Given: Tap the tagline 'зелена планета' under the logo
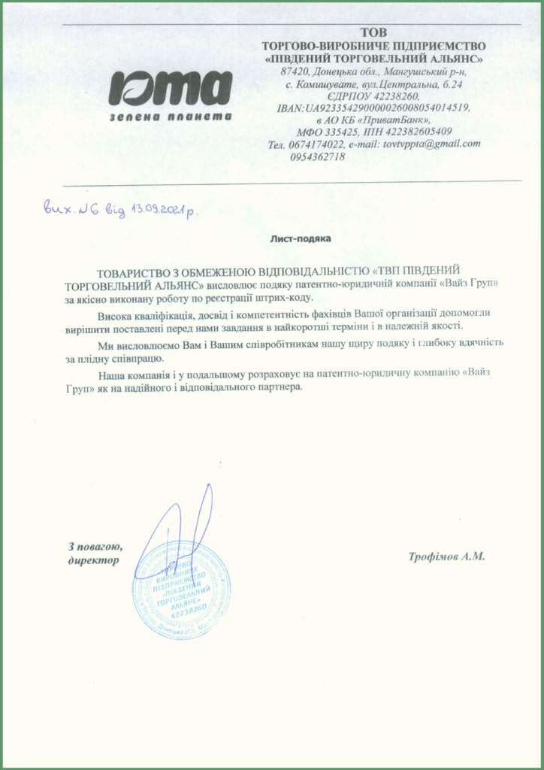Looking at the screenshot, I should click(170, 117).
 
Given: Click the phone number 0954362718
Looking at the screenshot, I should click(316, 156).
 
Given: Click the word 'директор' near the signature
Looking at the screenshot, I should click(93, 560).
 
